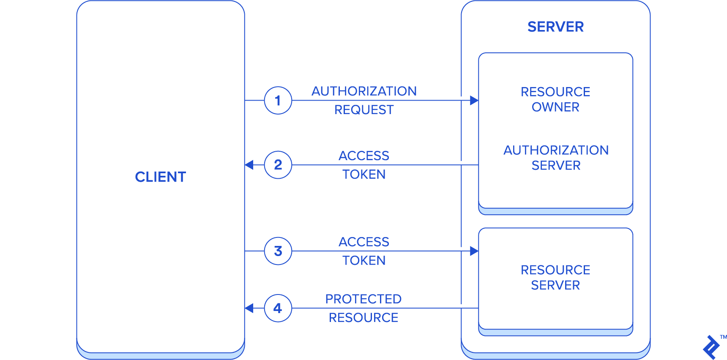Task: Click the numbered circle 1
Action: pos(278,101)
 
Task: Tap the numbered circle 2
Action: pos(278,165)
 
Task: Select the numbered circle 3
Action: pos(278,251)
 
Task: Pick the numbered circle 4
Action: pos(278,308)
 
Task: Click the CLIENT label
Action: pos(161,177)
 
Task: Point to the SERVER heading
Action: pos(555,27)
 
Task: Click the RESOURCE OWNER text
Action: pos(555,99)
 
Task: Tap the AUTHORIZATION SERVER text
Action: pos(556,158)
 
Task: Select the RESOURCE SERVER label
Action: pos(555,278)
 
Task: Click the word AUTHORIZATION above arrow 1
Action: pos(364,91)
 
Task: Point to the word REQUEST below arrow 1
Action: pos(364,110)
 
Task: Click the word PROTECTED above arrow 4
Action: pos(363,299)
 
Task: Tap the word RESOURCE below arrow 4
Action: pos(363,318)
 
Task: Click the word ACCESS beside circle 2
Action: pos(364,156)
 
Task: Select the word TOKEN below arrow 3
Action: pos(364,261)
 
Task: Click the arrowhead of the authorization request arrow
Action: pos(474,101)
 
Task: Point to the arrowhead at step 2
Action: pos(249,165)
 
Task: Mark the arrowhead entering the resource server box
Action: pos(474,251)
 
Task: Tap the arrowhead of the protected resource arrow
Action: pos(249,308)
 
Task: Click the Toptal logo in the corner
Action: pos(711,347)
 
